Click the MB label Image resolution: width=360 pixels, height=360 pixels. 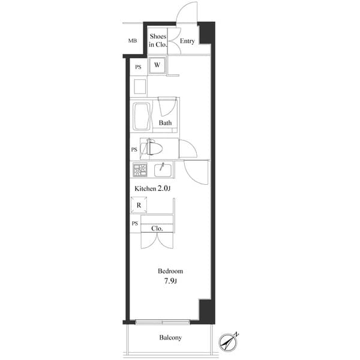pos(132,41)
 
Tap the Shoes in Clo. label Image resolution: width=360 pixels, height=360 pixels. pos(157,41)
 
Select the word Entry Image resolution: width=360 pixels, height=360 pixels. pos(187,41)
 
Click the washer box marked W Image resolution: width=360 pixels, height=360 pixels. pos(158,65)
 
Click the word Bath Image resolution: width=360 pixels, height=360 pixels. pos(166,124)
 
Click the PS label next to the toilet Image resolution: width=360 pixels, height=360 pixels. pos(134,149)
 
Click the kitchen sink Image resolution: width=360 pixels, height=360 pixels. pos(162,170)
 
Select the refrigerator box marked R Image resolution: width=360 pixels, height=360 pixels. pos(139,205)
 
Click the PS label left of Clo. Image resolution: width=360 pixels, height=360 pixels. pos(134,224)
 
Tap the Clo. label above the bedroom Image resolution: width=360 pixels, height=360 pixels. pos(158,229)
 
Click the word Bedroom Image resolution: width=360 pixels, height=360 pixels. pos(170,271)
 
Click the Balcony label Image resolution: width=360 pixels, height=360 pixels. pos(170,338)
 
